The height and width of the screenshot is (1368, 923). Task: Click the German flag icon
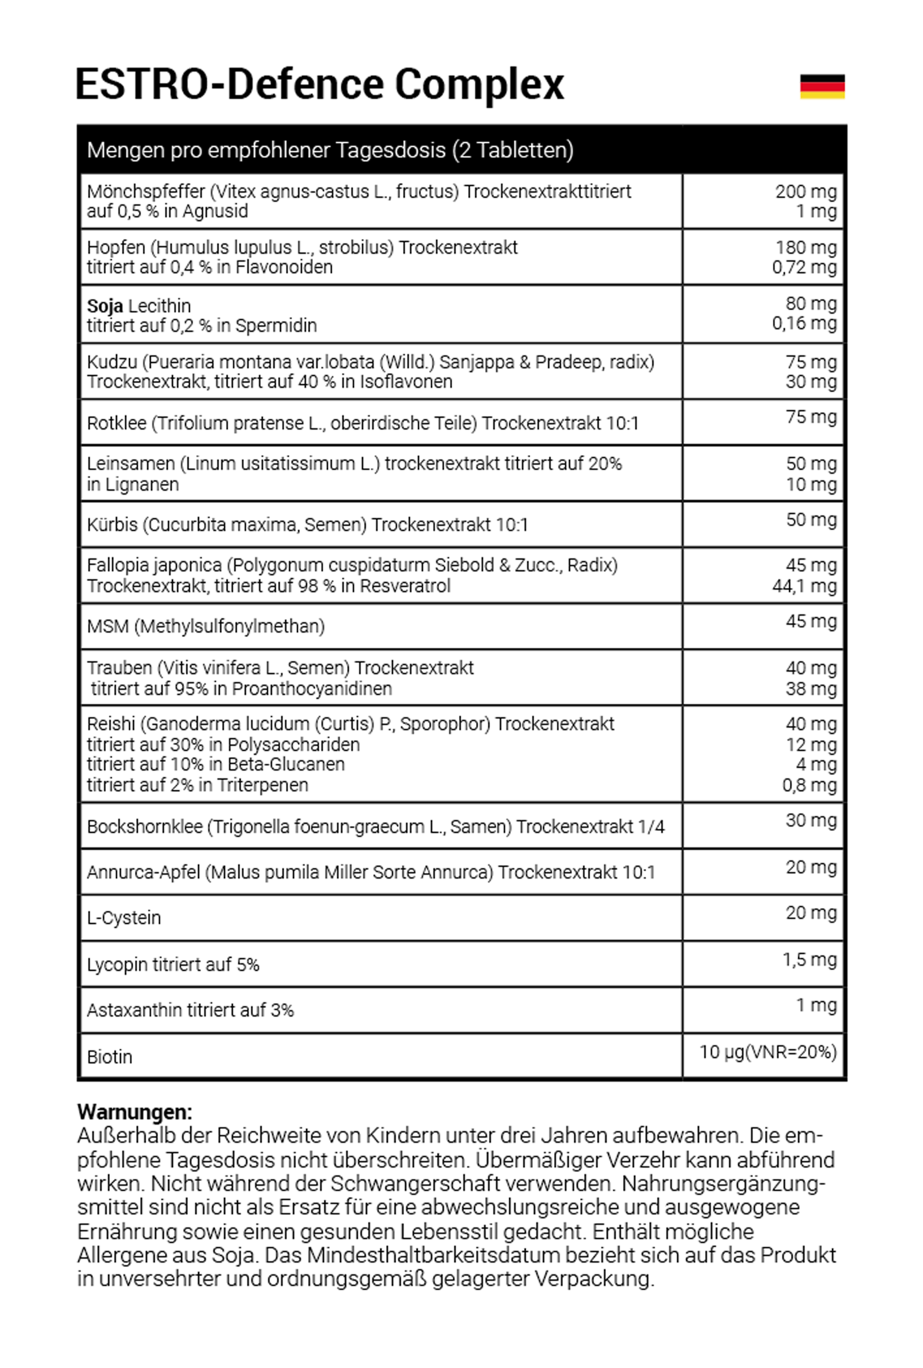coord(822,87)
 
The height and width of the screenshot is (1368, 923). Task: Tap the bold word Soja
coord(105,306)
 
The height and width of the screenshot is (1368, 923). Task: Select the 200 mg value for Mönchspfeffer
coord(805,191)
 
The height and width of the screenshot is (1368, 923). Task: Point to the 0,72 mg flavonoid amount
coord(804,267)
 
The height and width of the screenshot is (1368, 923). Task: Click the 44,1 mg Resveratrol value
coord(804,586)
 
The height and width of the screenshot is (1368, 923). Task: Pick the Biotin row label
coord(109,1056)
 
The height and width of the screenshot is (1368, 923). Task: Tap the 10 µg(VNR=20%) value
coord(767,1052)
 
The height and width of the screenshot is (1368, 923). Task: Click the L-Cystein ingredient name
coord(124,918)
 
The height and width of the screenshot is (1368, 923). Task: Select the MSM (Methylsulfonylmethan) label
coord(206,626)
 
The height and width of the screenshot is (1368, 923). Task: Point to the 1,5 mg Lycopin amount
coord(809,959)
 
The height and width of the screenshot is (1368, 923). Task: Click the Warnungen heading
coord(135,1112)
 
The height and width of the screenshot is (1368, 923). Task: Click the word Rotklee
coord(117,423)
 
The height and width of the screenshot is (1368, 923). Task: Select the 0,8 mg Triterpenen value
coord(809,785)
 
